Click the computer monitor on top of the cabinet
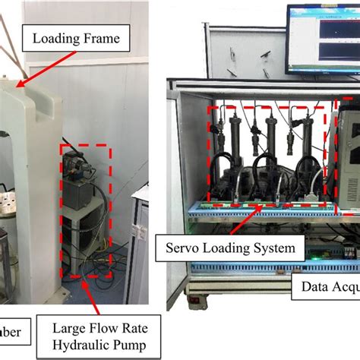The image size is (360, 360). point(323,38)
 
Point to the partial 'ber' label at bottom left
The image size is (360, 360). point(13,331)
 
